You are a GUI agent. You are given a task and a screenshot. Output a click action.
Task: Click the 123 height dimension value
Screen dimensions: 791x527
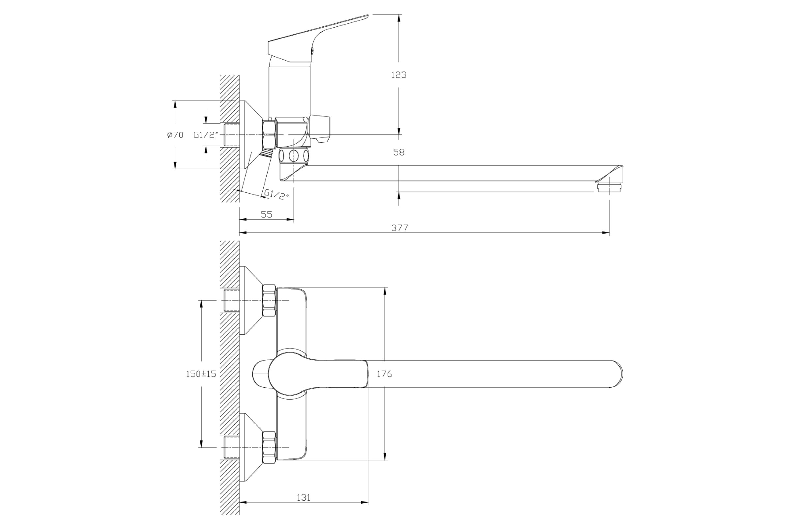click(x=398, y=75)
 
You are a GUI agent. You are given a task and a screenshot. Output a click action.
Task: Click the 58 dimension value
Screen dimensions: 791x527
click(x=398, y=152)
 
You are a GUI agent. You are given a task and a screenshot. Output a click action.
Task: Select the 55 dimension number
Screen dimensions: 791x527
click(x=266, y=214)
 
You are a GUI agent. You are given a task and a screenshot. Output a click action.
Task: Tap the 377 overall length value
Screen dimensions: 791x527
click(x=399, y=228)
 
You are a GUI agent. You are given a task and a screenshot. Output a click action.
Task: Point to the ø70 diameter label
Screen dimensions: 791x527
click(x=175, y=135)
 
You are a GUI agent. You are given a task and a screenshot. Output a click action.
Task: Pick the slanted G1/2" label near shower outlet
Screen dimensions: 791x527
click(x=277, y=195)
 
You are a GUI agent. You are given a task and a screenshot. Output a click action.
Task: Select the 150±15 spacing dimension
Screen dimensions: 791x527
click(x=201, y=374)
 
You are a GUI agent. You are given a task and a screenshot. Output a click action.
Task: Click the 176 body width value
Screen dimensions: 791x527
click(x=384, y=374)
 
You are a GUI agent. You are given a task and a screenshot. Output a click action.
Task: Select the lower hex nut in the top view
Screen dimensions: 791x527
click(x=269, y=448)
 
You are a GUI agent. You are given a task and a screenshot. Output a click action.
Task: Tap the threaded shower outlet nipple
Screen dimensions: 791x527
click(x=268, y=153)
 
